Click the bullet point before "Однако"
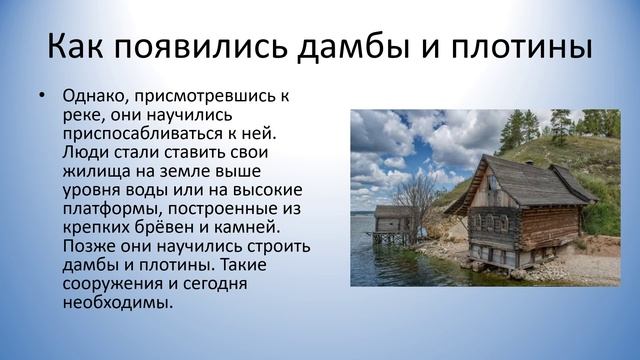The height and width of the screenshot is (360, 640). [40, 96]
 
